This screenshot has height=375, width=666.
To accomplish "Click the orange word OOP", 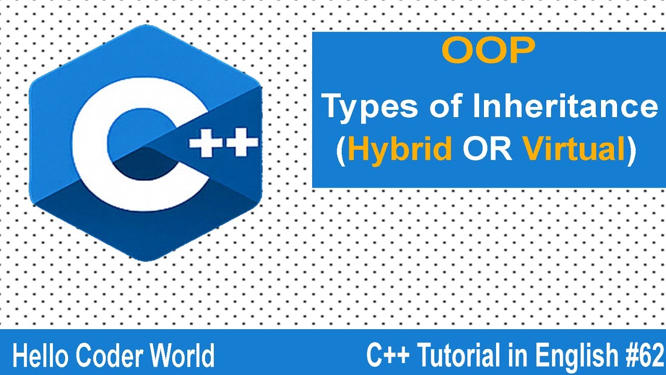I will coord(488,52).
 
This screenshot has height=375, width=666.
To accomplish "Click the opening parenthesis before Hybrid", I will coord(341,151).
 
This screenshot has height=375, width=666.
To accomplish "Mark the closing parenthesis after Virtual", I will coord(632,151).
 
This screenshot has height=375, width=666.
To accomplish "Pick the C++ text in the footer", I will coord(388,356).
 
